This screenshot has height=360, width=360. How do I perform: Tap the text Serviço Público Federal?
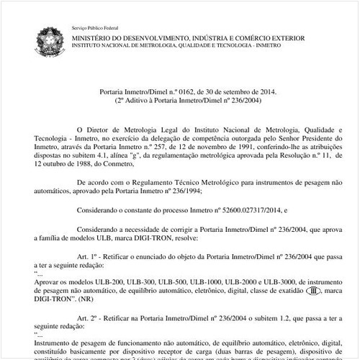(94, 27)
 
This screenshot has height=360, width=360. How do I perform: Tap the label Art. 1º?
(88, 256)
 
